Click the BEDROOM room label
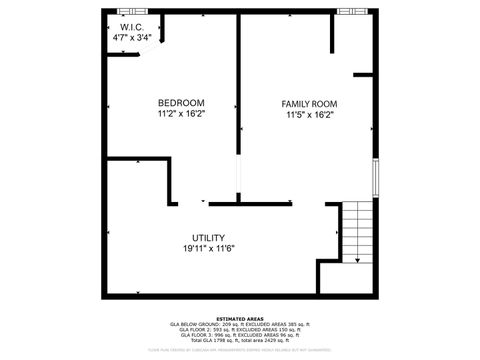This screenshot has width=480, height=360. coord(181,103)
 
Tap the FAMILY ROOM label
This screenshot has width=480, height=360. coord(309,104)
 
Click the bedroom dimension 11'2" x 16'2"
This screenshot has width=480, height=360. coord(181,114)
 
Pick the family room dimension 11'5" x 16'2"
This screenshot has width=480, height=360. coord(309,114)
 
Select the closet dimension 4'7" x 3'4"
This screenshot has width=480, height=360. coord(133,37)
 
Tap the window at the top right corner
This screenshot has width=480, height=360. coord(353,11)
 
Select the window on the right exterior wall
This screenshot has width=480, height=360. coord(376,179)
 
